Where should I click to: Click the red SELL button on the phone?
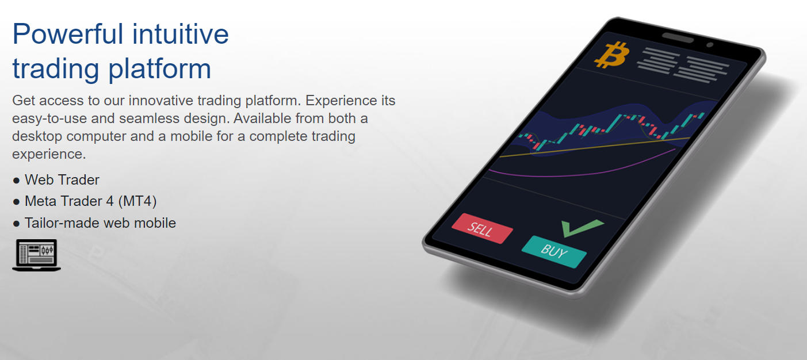pyautogui.click(x=482, y=228)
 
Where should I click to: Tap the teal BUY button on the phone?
pyautogui.click(x=554, y=251)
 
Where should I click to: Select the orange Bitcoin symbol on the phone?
pyautogui.click(x=612, y=55)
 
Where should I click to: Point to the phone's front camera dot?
pyautogui.click(x=710, y=45)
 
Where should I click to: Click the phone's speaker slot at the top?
pyautogui.click(x=678, y=37)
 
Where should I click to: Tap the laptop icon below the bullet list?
pyautogui.click(x=36, y=255)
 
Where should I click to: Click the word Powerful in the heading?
pyautogui.click(x=68, y=35)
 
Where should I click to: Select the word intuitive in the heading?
pyautogui.click(x=181, y=35)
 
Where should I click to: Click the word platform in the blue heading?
pyautogui.click(x=159, y=70)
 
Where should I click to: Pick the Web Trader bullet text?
pyautogui.click(x=62, y=180)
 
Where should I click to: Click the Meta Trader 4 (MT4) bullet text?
pyautogui.click(x=90, y=201)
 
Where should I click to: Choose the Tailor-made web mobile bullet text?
pyautogui.click(x=100, y=223)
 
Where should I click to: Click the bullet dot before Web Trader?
pyautogui.click(x=16, y=180)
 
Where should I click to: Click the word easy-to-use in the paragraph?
pyautogui.click(x=49, y=118)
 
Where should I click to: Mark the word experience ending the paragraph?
pyautogui.click(x=49, y=155)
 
